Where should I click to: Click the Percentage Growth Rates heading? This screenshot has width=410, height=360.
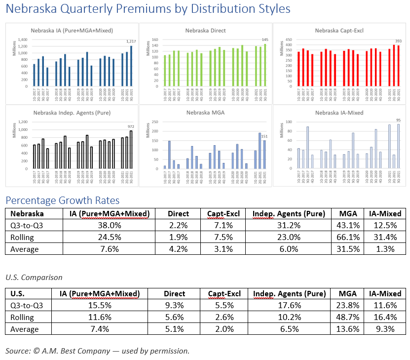tap(62, 200)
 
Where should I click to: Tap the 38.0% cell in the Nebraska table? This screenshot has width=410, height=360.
tap(110, 226)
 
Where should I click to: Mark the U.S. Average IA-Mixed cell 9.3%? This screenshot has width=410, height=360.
tap(385, 329)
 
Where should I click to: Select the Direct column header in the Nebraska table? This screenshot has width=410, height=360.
tap(178, 214)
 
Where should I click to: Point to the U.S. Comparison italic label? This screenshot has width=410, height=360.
tap(34, 278)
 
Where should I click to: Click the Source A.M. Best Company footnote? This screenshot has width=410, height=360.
tap(97, 351)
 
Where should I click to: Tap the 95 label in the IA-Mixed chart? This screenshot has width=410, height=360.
tap(398, 120)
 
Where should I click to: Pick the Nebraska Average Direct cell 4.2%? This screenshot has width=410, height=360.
tap(178, 249)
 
